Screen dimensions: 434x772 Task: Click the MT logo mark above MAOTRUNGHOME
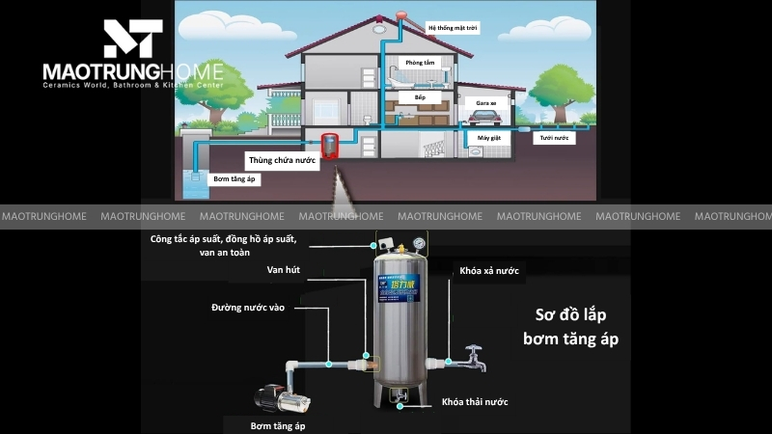pos(133,38)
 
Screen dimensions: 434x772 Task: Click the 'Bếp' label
pos(421,97)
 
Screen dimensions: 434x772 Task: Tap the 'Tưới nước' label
pos(553,138)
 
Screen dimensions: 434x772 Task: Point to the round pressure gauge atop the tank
pos(417,244)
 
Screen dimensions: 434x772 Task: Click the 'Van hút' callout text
pos(284,270)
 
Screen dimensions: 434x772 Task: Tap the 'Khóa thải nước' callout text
pos(475,401)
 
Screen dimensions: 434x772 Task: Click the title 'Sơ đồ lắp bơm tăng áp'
pos(570,327)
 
